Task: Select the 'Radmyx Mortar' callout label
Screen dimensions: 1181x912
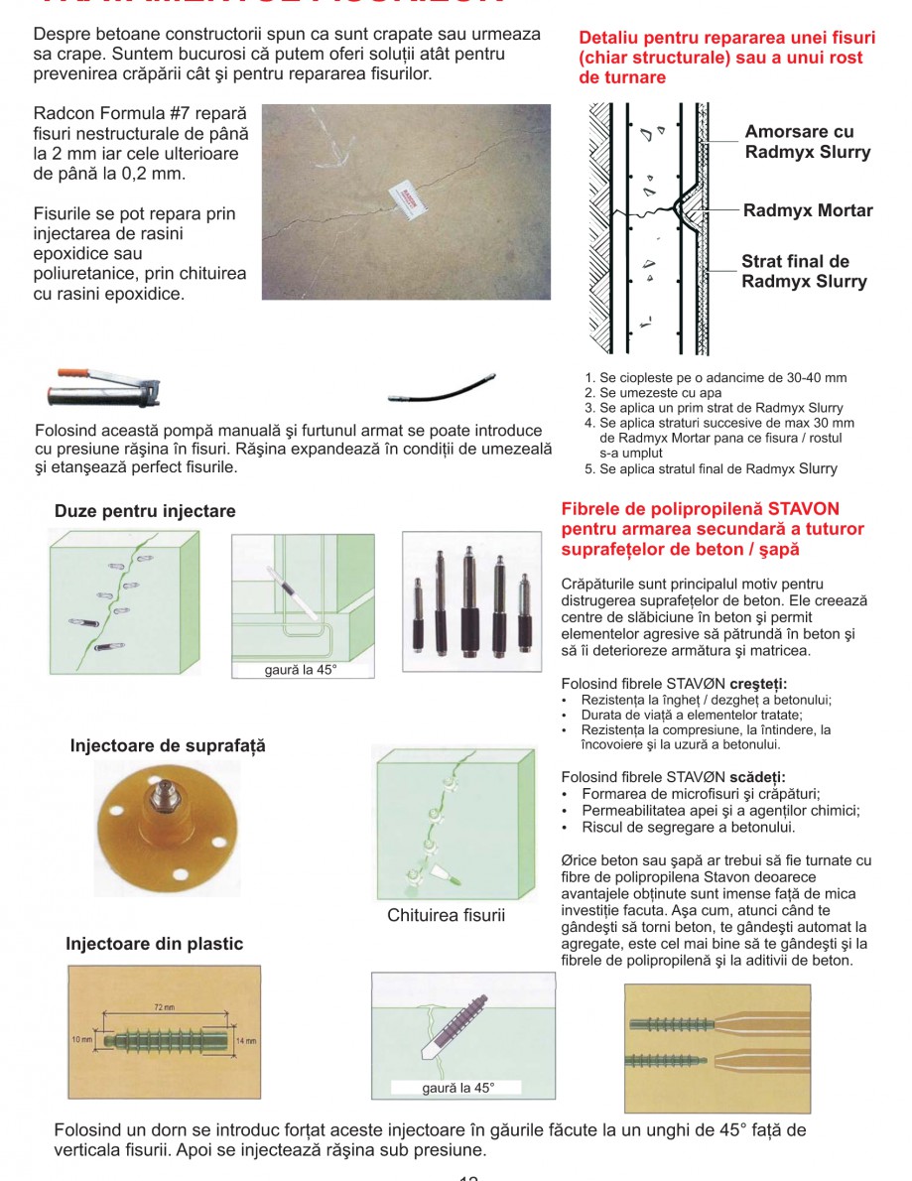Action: coord(808,210)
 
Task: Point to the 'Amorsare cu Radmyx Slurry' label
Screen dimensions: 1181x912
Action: coord(807,142)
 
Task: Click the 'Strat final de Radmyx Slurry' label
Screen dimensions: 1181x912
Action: coord(803,272)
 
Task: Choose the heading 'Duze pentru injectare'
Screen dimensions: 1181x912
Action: coord(145,511)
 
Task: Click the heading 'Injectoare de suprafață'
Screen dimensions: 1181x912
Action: coord(168,745)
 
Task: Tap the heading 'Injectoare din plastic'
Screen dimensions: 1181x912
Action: coord(154,944)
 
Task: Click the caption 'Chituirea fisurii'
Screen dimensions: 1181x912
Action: coord(446,915)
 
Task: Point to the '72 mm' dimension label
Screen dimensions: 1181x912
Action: coord(165,1007)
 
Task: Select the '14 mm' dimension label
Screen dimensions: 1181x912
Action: coord(246,1040)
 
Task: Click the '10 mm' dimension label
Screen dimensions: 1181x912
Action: coord(80,1040)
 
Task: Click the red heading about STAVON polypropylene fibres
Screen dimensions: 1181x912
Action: coord(713,529)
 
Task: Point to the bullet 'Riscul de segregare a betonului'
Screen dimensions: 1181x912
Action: coord(688,827)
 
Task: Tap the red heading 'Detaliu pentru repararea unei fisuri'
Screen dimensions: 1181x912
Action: coord(726,57)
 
